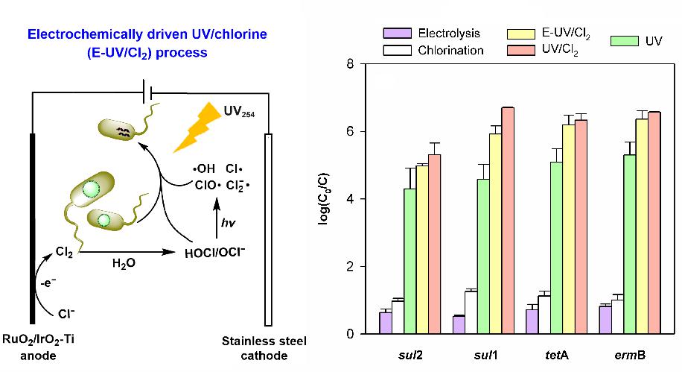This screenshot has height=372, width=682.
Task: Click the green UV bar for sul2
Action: tap(409, 260)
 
